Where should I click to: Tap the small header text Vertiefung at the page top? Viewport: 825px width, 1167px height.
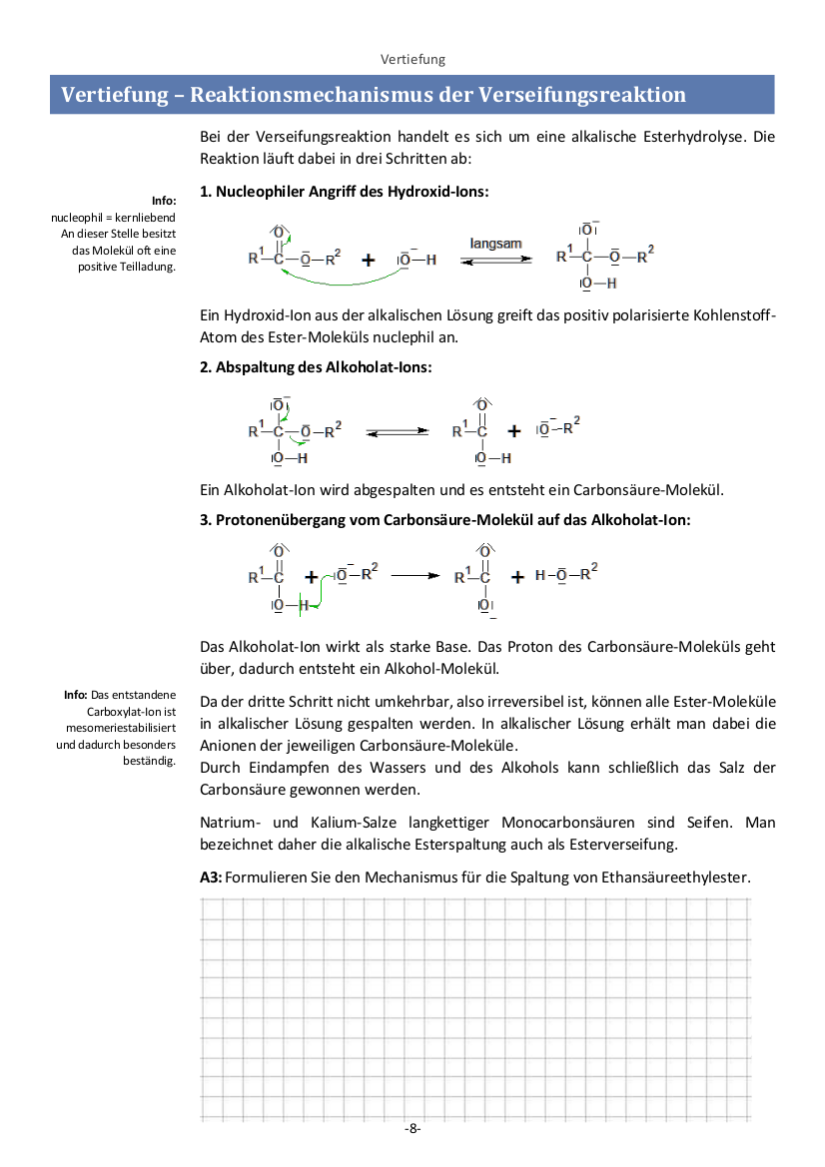412,59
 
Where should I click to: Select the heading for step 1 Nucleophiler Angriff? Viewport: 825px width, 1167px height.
345,191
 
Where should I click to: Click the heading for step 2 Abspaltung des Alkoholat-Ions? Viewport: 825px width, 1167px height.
317,367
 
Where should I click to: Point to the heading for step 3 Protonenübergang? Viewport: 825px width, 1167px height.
445,520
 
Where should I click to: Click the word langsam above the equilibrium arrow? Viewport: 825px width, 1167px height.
495,243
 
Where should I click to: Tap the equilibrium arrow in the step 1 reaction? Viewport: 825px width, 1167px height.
495,260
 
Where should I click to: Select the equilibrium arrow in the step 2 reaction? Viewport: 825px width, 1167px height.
397,432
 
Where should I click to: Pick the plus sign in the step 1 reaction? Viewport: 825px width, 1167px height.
369,261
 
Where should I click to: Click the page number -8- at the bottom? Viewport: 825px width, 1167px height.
412,1128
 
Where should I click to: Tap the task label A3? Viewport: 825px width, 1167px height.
212,877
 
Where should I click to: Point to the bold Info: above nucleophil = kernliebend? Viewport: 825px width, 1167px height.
164,201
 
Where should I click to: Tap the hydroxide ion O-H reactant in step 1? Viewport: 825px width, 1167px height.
417,260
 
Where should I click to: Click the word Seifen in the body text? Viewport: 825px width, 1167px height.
709,824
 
